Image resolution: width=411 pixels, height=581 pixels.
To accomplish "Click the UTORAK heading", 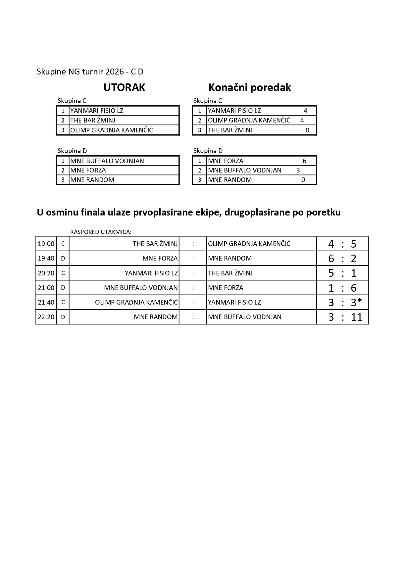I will tap(124, 87).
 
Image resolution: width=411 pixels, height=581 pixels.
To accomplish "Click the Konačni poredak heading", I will tap(249, 87).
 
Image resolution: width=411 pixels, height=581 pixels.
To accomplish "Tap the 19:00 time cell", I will tap(46, 244).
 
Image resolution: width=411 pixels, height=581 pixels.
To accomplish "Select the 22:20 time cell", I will tap(46, 317).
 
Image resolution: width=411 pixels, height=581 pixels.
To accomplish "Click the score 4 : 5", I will tap(342, 244).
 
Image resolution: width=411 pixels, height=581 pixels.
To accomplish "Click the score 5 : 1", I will tap(342, 273).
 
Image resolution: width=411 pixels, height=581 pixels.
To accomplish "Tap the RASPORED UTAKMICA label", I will tap(101, 232).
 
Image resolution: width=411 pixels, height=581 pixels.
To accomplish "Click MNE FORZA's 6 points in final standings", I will tap(304, 161).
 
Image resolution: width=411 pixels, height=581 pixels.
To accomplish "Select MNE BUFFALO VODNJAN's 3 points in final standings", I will tap(298, 170).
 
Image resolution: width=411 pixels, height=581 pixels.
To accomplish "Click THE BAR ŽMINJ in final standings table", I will tap(230, 130).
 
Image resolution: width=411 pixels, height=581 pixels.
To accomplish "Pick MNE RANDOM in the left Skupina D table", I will tap(92, 180).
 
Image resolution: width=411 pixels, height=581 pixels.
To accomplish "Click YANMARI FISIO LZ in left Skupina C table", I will tap(97, 111).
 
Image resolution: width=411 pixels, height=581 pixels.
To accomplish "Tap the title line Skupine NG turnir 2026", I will tap(90, 72).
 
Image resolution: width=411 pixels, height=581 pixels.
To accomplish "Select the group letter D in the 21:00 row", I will tap(63, 288).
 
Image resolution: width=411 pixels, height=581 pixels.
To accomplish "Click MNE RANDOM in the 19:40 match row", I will tap(230, 259).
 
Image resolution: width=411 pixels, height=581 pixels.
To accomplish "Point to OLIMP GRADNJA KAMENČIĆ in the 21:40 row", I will tap(136, 303).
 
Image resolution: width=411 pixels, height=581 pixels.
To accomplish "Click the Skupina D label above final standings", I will tap(208, 151).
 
